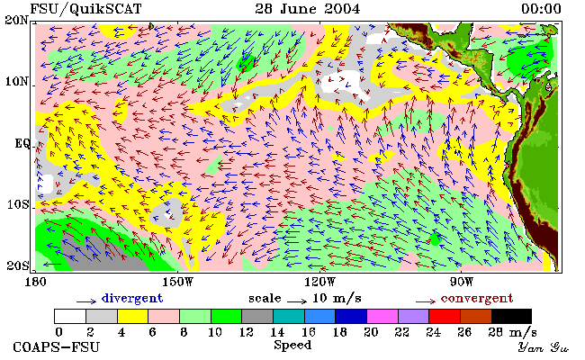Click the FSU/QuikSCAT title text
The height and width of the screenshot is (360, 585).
pyautogui.click(x=85, y=9)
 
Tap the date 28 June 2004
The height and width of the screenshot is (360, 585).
pyautogui.click(x=308, y=9)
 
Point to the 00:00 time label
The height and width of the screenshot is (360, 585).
pyautogui.click(x=541, y=9)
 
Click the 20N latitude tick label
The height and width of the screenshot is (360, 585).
pyautogui.click(x=16, y=20)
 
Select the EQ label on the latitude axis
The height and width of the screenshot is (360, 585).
pyautogui.click(x=22, y=144)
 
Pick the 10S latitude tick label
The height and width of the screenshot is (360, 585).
pyautogui.click(x=17, y=204)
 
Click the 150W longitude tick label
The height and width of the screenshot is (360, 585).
pyautogui.click(x=178, y=282)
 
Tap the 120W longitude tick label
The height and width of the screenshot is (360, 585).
pyautogui.click(x=319, y=282)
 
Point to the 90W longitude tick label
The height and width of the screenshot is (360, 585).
pyautogui.click(x=462, y=282)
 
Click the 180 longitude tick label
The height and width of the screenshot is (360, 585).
pyautogui.click(x=35, y=282)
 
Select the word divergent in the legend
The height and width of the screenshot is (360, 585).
pyautogui.click(x=132, y=299)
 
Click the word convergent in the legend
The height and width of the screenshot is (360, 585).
pyautogui.click(x=477, y=299)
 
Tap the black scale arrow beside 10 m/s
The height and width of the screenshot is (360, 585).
pyautogui.click(x=297, y=301)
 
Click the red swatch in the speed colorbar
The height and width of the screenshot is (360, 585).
pyautogui.click(x=445, y=316)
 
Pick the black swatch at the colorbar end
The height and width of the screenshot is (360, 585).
pyautogui.click(x=511, y=316)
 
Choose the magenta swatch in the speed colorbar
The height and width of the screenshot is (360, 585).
pyautogui.click(x=382, y=316)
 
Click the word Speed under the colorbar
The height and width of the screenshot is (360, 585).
pyautogui.click(x=292, y=346)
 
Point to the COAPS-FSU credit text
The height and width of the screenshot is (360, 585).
pyautogui.click(x=57, y=346)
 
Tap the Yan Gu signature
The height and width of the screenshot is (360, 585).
pyautogui.click(x=544, y=347)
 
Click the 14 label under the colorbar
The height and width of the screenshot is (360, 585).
pyautogui.click(x=277, y=331)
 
